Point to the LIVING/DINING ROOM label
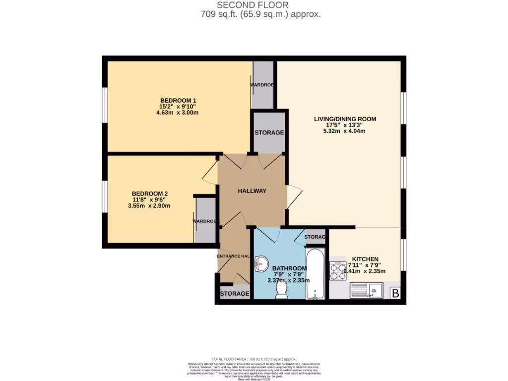point(345,119)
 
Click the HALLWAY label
point(252,191)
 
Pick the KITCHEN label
point(365,259)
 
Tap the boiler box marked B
point(395,294)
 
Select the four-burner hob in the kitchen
point(338,272)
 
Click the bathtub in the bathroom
point(315,274)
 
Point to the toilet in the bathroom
point(282,290)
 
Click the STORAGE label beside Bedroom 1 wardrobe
point(269,133)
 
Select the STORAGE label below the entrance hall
point(234,294)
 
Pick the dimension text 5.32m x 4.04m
point(345,131)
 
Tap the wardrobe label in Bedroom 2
point(205,221)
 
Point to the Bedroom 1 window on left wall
point(105,104)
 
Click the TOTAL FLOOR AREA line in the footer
point(254,359)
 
